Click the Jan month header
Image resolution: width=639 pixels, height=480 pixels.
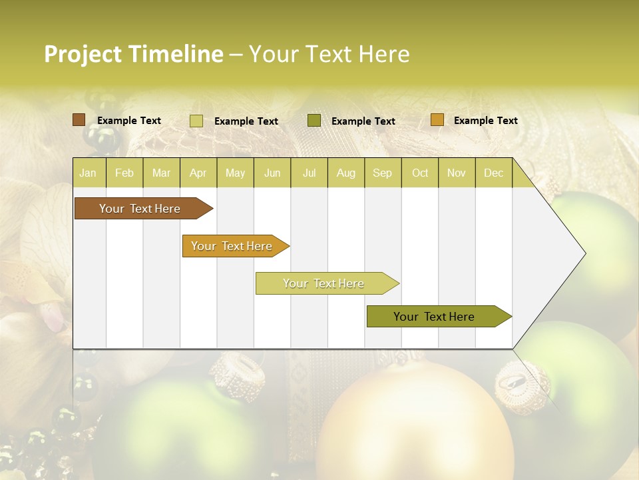click(x=88, y=173)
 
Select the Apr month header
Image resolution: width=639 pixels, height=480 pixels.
click(x=198, y=173)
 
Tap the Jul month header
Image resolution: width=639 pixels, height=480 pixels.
click(x=309, y=173)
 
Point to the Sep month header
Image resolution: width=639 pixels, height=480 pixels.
click(x=382, y=173)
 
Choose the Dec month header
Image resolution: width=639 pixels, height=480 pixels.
click(x=493, y=173)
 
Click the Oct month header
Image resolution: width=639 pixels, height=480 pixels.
click(x=420, y=173)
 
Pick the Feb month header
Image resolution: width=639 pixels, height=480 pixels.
click(x=124, y=173)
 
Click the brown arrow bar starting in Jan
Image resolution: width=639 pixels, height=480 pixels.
click(x=140, y=209)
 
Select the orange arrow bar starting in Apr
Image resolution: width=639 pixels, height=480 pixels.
click(x=232, y=246)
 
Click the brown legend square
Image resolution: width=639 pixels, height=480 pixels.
click(x=79, y=120)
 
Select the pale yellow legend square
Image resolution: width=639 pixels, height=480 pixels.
click(x=196, y=121)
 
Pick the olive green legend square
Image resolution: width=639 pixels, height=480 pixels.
click(x=314, y=121)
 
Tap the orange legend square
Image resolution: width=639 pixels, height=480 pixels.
click(x=437, y=120)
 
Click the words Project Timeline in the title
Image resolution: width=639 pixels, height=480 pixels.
click(x=133, y=54)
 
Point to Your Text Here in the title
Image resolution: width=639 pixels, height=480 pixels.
click(x=329, y=54)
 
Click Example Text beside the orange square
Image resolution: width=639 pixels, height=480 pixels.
click(x=485, y=121)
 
